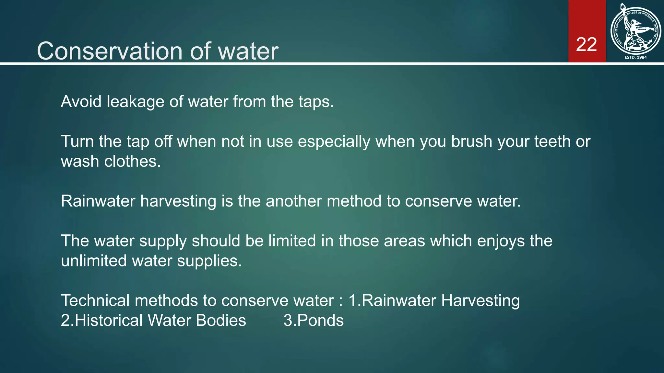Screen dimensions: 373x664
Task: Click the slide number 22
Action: tap(587, 44)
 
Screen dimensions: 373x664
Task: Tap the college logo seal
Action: tap(635, 30)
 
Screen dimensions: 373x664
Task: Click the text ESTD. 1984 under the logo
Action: tap(635, 57)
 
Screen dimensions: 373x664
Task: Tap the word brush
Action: tap(472, 141)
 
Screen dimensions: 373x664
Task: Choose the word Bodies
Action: tap(221, 321)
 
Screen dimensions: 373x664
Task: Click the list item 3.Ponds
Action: tap(314, 321)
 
